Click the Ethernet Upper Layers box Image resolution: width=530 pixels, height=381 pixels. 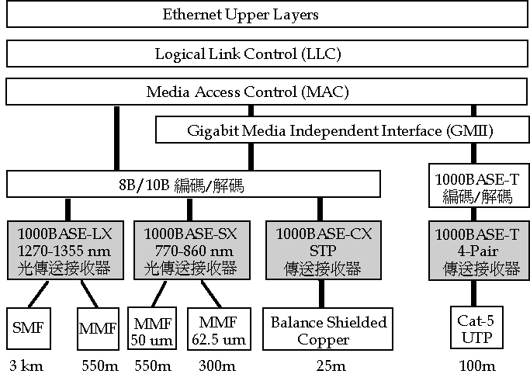pyautogui.click(x=241, y=15)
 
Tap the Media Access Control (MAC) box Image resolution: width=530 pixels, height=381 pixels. pyautogui.click(x=248, y=92)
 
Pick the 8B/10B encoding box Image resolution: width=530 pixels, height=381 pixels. pyautogui.click(x=194, y=185)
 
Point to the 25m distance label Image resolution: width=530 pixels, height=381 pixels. pyautogui.click(x=325, y=366)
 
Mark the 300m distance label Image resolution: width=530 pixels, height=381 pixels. pyautogui.click(x=220, y=366)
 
